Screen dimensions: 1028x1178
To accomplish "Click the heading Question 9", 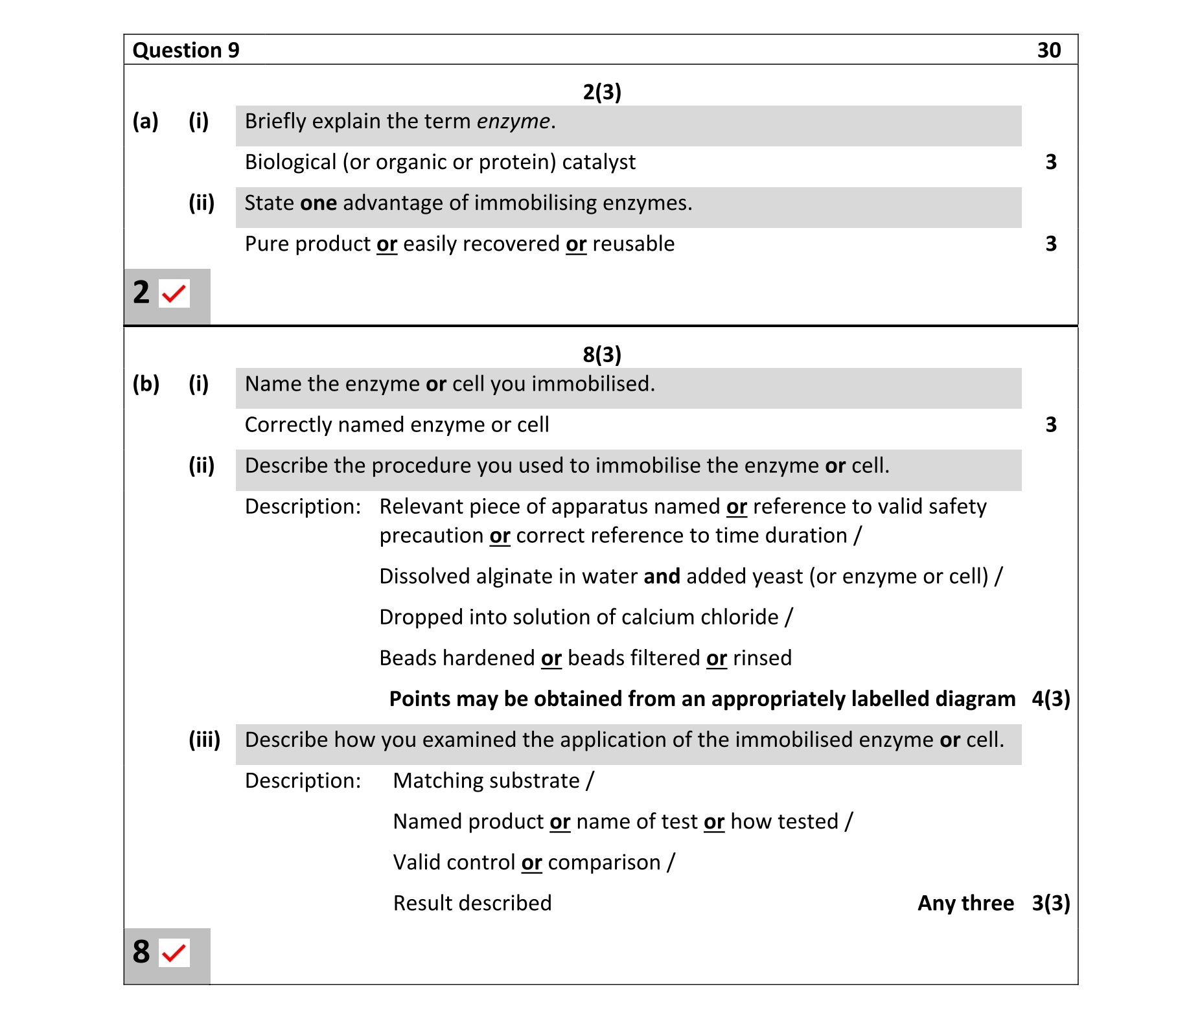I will (x=186, y=51).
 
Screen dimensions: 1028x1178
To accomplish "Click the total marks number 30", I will (x=1048, y=51).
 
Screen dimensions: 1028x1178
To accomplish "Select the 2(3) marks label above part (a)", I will (x=601, y=92).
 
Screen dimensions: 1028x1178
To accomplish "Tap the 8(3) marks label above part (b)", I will (x=601, y=354).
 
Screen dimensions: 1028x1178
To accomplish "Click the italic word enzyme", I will (x=513, y=122).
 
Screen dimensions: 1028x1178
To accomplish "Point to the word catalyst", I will (x=598, y=162).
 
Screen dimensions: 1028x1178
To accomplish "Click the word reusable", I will (x=633, y=244).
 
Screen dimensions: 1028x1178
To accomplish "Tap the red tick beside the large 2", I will (x=174, y=294).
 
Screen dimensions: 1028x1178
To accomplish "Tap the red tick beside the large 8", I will (x=174, y=953).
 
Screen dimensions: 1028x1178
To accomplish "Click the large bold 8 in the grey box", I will (x=141, y=952).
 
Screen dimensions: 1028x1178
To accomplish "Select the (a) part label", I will (x=146, y=122).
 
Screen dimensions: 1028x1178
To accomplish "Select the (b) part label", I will (x=146, y=384).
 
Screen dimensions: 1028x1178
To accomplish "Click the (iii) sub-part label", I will (x=204, y=740).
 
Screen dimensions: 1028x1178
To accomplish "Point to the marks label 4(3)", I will (x=1050, y=699).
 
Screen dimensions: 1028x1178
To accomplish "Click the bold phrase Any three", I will (x=965, y=903).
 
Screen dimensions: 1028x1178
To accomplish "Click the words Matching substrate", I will (x=486, y=781).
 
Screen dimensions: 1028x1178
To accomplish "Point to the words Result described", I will (x=472, y=903).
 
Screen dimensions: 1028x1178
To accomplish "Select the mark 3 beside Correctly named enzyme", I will (x=1051, y=425).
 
